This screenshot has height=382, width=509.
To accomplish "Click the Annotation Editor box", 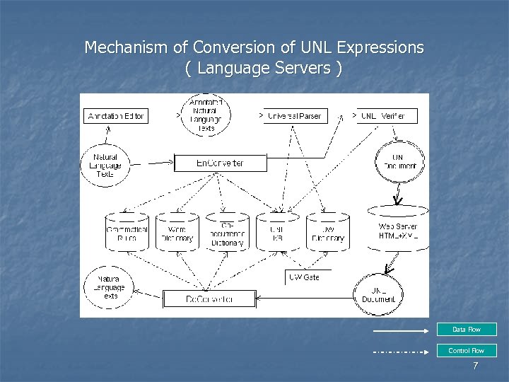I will click(116, 115).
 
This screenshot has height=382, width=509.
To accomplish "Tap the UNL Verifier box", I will click(385, 115).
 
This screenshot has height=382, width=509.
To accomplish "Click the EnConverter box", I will click(220, 163).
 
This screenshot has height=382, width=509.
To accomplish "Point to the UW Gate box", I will click(305, 277).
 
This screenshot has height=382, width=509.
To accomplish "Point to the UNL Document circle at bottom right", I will click(378, 294).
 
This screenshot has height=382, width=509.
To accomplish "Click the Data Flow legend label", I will click(466, 330).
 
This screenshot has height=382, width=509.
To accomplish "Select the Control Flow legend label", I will click(466, 350).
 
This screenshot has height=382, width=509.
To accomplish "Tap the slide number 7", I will click(475, 366).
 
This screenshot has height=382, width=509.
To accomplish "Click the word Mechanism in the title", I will click(127, 48).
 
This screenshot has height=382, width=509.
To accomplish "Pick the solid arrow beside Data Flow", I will click(401, 330).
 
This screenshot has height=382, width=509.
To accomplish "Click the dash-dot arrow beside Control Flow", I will click(401, 352).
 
